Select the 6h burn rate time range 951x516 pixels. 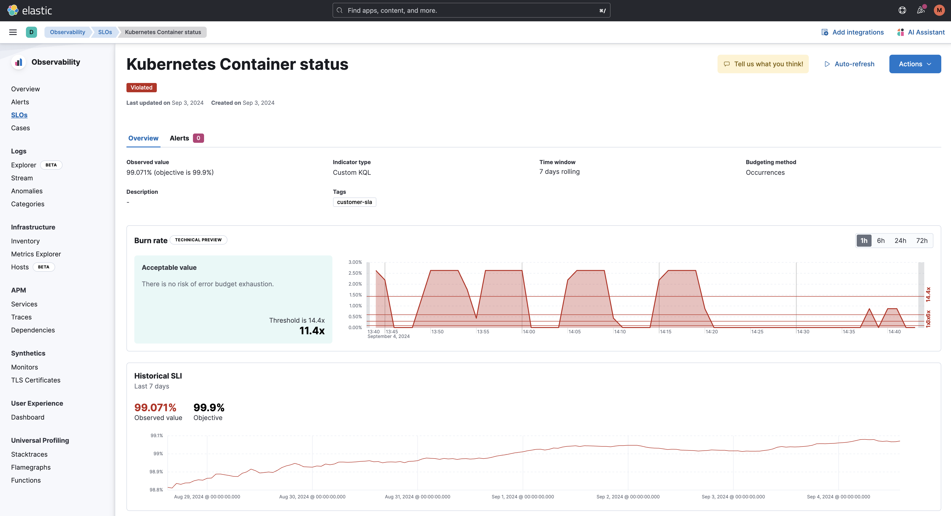click(881, 240)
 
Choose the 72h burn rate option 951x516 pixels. click(921, 240)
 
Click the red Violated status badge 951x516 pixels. click(141, 88)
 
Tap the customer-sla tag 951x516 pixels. click(354, 202)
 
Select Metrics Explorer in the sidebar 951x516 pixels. click(36, 254)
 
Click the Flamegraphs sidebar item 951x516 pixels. click(31, 467)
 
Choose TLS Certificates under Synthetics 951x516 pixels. click(35, 380)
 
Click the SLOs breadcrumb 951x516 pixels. click(105, 32)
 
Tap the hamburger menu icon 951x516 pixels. click(13, 32)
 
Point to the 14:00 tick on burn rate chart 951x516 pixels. click(529, 332)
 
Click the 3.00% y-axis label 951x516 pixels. click(355, 262)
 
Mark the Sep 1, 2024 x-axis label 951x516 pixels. click(522, 497)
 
